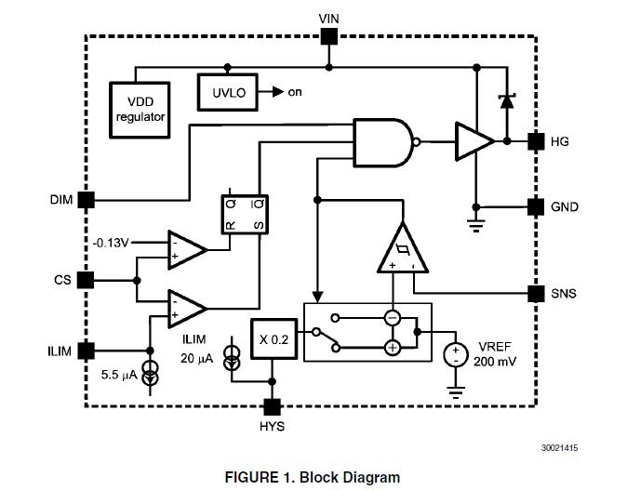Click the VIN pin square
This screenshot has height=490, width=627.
coord(329,37)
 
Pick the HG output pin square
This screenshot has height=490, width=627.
coord(536,141)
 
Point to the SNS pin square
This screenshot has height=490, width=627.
coord(536,294)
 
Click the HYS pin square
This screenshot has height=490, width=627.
coord(273,407)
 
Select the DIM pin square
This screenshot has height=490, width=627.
coord(86,200)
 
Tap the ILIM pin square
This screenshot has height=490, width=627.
coord(86,351)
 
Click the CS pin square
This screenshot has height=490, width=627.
coord(86,280)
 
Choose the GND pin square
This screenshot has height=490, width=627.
coord(536,207)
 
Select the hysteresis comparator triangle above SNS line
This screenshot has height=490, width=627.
coord(403,248)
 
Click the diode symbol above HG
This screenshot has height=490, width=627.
coord(507,101)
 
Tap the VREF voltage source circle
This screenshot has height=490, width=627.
coord(456,355)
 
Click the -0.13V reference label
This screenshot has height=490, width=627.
coord(111,243)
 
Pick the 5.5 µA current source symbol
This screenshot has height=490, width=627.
coord(151,373)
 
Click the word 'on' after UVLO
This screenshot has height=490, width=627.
coord(295,92)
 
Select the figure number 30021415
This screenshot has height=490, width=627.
coord(559,448)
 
